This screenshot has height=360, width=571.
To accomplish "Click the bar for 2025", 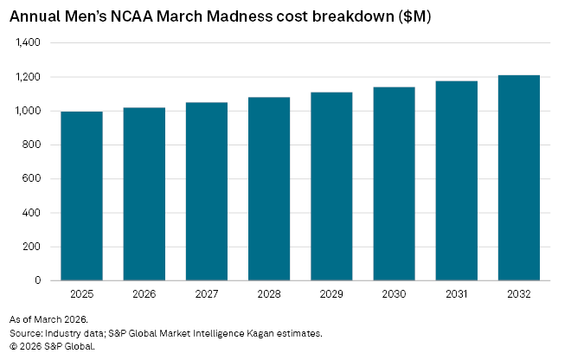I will coord(82,196).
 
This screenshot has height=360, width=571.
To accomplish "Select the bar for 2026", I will coord(144,194).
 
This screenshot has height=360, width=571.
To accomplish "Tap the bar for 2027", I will coord(207,191).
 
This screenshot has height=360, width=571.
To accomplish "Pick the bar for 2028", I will coord(269,189).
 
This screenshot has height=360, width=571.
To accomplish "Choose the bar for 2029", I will coord(331,186).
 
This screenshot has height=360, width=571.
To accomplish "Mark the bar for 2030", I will coord(394,183).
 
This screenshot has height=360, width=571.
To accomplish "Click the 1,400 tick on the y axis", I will coord(29,42).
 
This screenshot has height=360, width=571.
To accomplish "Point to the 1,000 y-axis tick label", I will coord(29,111).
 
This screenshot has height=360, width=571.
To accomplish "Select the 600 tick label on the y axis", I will coord(33,179).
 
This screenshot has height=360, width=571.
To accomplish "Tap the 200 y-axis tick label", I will coord(33,247).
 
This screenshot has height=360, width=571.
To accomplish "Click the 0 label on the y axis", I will coord(38,280).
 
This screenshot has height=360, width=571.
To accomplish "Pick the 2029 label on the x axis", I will coord(331,294).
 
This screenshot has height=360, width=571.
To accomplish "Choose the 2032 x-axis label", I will coord(518,294).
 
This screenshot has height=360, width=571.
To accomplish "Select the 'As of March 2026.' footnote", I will coord(44,319).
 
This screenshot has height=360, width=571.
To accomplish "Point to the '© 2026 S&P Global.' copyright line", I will coord(52,345).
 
